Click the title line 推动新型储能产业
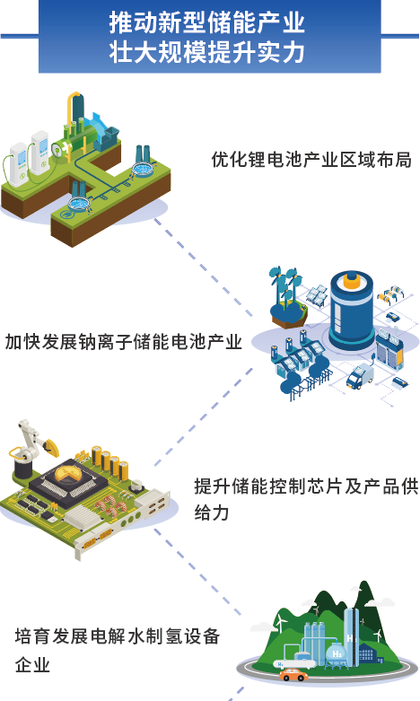pos(207,22)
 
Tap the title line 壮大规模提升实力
pos(207,52)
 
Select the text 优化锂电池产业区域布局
pos(311,160)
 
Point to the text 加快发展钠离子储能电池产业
pos(124,342)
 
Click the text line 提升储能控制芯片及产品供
pos(306,486)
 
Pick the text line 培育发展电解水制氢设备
pos(117,635)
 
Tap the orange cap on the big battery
pos(352,280)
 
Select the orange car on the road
pos(294,674)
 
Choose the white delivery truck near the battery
pos(360,375)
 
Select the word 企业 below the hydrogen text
pos(32,665)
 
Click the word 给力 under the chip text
pos(212,513)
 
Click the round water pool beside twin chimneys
pos(144,170)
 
